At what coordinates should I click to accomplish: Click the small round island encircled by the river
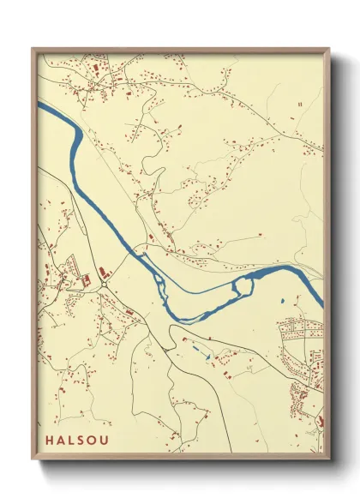[242, 285]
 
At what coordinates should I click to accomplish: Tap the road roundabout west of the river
[101, 288]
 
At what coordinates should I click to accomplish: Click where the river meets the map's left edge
[39, 105]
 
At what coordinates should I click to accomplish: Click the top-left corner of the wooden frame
[32, 48]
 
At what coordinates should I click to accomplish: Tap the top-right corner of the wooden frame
[330, 48]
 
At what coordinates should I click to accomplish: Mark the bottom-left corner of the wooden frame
[32, 460]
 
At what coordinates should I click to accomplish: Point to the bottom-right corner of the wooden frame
[330, 460]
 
